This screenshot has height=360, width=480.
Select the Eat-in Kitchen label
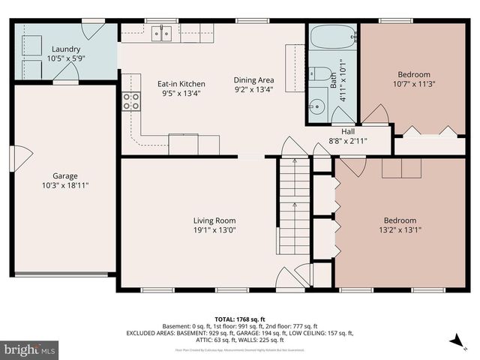pos(181,84)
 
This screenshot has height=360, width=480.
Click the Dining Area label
pos(253,79)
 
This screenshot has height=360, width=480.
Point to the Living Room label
pos(214,220)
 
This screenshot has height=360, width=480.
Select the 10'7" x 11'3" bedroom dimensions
pos(414,85)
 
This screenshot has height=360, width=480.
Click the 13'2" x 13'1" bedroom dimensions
pos(398,230)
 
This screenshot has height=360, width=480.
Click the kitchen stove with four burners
pos(131,101)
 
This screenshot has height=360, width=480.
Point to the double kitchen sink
pos(162,33)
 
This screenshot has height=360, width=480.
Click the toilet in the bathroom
pos(319,74)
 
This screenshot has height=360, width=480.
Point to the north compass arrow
pos(455,341)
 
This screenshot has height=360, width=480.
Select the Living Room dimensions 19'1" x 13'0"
pos(214,230)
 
